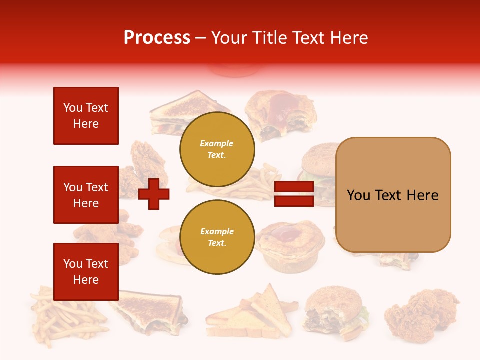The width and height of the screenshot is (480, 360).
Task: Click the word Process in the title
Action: [x=157, y=37]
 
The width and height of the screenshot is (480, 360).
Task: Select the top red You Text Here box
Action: [x=86, y=116]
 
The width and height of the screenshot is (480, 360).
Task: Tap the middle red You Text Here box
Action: [x=86, y=195]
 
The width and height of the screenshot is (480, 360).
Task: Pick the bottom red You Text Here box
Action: [x=86, y=271]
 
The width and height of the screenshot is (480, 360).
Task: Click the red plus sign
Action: [x=154, y=194]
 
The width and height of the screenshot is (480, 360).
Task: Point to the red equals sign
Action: [x=294, y=194]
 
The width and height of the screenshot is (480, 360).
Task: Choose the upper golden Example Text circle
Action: [x=217, y=149]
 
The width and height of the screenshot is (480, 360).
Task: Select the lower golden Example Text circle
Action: [x=217, y=237]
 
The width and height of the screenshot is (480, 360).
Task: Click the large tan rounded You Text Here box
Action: [x=393, y=195]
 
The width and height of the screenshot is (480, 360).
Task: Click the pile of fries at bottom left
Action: [x=65, y=315]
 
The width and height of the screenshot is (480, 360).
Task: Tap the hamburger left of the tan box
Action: [x=318, y=172]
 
